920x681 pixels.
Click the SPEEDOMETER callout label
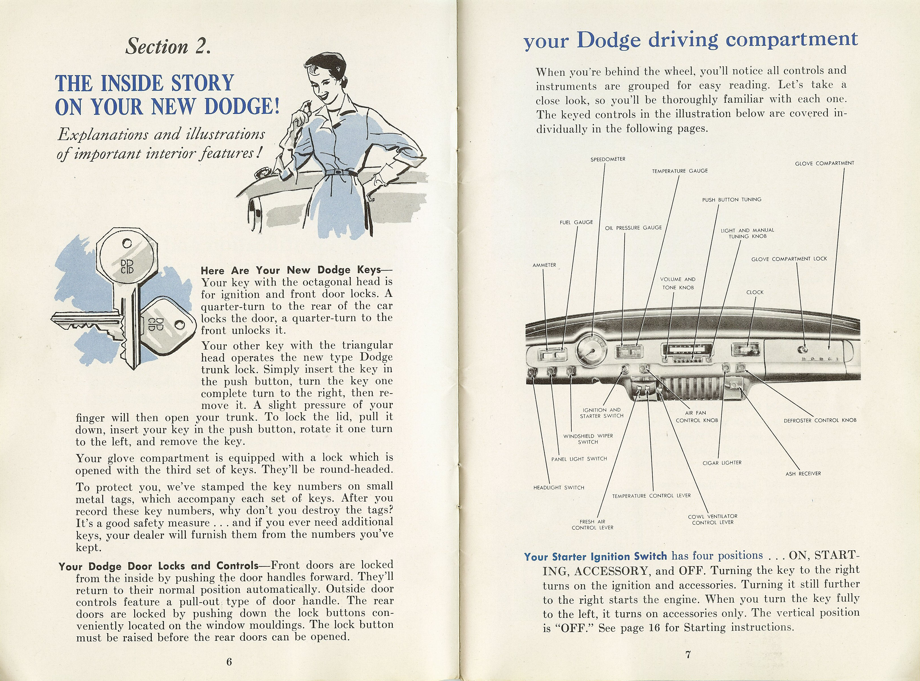click(608, 159)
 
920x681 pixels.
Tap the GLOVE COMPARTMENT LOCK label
click(789, 259)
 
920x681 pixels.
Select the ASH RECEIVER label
click(803, 474)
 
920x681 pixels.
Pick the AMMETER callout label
click(544, 265)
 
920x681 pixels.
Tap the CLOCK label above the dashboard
click(755, 292)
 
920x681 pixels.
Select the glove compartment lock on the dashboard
click(802, 350)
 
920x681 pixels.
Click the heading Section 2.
click(168, 46)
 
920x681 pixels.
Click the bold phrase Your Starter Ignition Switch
click(595, 556)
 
